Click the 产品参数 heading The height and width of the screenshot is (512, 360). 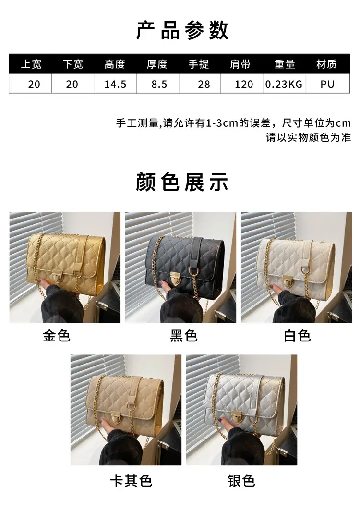pyautogui.click(x=182, y=30)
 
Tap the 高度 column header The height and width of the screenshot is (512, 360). pyautogui.click(x=115, y=64)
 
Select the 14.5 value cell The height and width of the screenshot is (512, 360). pyautogui.click(x=115, y=84)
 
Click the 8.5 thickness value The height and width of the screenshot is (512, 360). pyautogui.click(x=159, y=84)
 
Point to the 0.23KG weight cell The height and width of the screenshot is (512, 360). pyautogui.click(x=284, y=84)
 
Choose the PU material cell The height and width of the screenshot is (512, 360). pyautogui.click(x=327, y=84)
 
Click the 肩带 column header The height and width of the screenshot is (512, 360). pyautogui.click(x=240, y=64)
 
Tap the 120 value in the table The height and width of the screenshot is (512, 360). pyautogui.click(x=244, y=84)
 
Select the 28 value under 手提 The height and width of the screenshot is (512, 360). pyautogui.click(x=204, y=84)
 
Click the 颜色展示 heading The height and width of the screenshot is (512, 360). pyautogui.click(x=182, y=182)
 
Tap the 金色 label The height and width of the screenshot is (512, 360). pyautogui.click(x=57, y=336)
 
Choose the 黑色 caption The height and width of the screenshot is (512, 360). pyautogui.click(x=184, y=336)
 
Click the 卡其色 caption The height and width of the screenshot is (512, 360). pyautogui.click(x=131, y=481)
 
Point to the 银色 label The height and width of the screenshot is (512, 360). pyautogui.click(x=241, y=481)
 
